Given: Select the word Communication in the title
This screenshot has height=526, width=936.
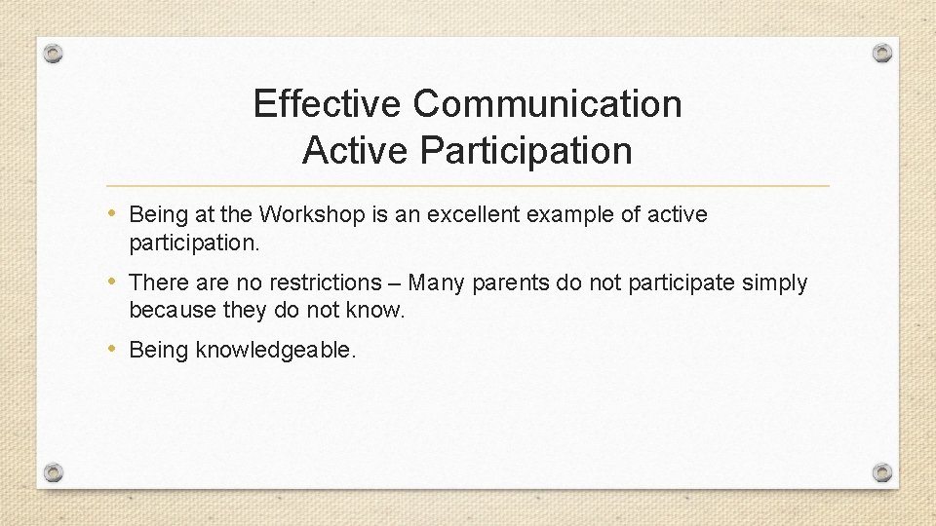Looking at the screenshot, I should (547, 103).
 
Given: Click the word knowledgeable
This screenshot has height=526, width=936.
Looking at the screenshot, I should (276, 351).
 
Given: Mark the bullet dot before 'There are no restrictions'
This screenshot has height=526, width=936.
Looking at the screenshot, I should (116, 282).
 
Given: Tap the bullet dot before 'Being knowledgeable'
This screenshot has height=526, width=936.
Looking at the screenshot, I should (116, 349).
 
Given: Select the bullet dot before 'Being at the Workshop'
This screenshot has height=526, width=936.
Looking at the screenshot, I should (116, 213).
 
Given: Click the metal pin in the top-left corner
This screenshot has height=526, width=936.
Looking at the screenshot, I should (54, 53).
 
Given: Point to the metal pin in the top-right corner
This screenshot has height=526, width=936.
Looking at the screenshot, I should (881, 53).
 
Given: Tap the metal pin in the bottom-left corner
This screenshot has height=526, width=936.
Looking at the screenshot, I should (54, 472).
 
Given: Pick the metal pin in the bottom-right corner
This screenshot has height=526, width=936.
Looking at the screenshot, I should (881, 472).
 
